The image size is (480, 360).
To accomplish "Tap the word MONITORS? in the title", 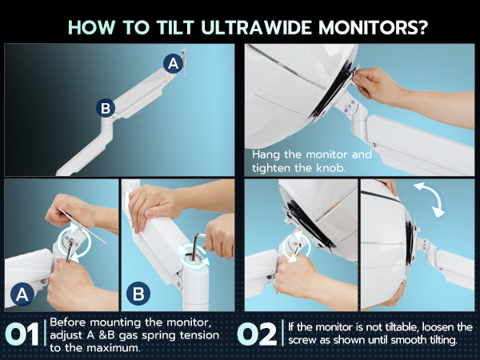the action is click(x=373, y=27).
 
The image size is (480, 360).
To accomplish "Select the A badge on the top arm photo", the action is click(x=174, y=63).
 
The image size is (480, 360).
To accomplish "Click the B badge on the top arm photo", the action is click(x=106, y=108).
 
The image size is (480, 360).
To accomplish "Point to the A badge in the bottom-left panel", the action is click(x=22, y=294).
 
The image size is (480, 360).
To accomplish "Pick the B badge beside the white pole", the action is click(x=138, y=294).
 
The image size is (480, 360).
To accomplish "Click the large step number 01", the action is click(x=22, y=334).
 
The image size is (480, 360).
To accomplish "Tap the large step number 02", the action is click(x=257, y=334).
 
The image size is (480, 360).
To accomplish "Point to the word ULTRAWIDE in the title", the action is click(x=257, y=27).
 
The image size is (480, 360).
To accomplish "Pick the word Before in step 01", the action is click(x=69, y=322).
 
